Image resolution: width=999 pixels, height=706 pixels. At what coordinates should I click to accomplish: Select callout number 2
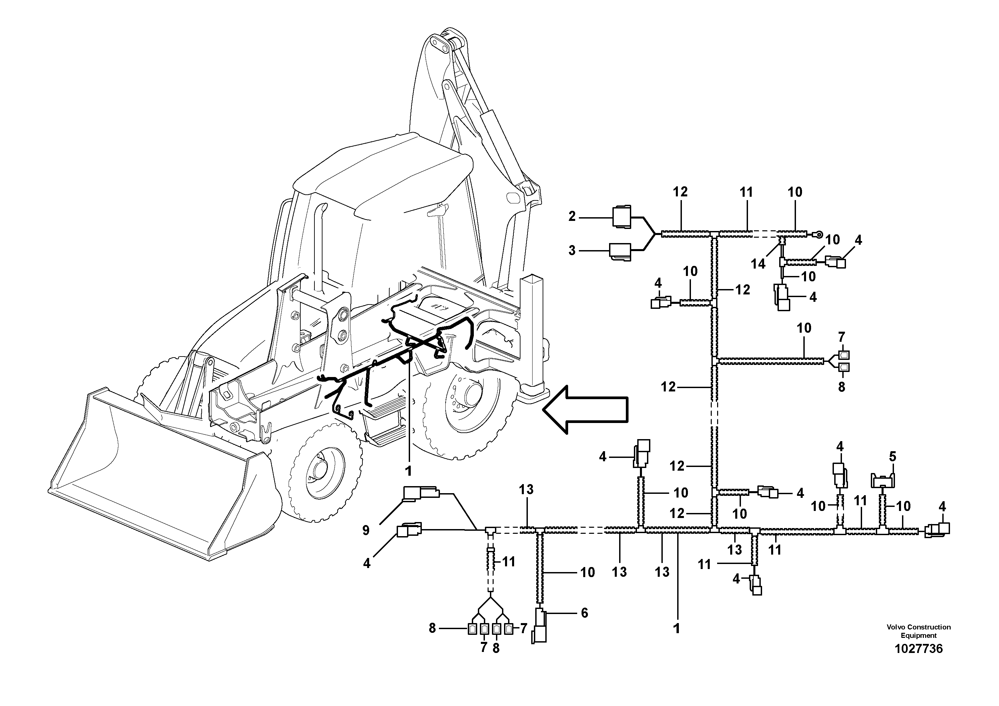pos(572,216)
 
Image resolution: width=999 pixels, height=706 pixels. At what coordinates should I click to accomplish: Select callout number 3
pos(572,251)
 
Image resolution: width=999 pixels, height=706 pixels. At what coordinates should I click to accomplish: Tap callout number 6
pos(584,613)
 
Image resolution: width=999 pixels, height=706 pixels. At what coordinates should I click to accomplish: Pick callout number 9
pos(366,530)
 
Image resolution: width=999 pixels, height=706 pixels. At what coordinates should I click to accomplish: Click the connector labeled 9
pos(420,494)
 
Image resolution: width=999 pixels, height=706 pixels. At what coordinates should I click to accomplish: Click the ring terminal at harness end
pos(818,235)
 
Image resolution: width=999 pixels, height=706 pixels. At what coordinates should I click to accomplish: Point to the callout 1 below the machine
pos(408,471)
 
